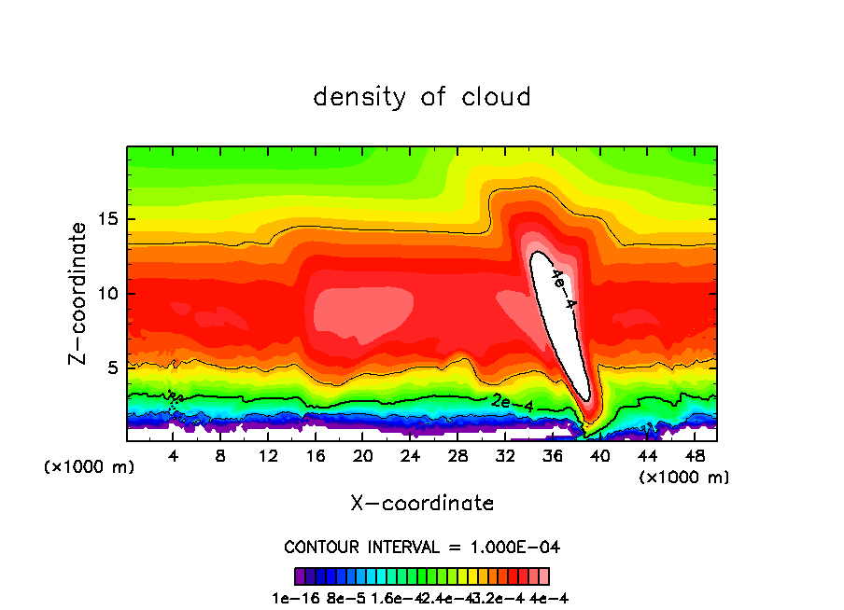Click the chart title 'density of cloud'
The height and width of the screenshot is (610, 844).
point(422,97)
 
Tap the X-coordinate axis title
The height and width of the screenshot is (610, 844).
point(422,504)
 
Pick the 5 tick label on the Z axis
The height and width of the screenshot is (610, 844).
point(110,367)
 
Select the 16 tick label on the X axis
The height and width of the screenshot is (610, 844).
point(315,456)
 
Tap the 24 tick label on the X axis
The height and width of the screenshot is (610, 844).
point(410,456)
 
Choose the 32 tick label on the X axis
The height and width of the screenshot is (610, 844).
point(504,456)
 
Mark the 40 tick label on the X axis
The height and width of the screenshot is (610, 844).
point(598,456)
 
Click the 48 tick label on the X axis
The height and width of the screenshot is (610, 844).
point(693,456)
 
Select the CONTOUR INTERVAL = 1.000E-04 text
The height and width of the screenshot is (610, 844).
point(422,547)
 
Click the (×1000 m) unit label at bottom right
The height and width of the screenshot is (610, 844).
point(684,478)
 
